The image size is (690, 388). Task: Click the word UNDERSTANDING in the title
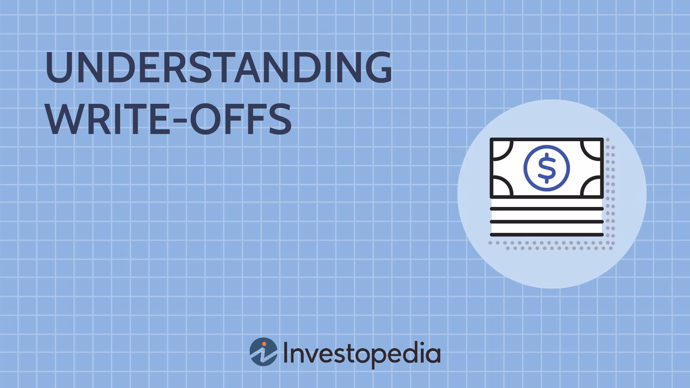click(x=219, y=67)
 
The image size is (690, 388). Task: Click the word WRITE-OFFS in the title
click(x=169, y=119)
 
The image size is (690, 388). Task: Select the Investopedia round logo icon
click(x=264, y=352)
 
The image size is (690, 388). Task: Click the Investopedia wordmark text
click(x=362, y=354)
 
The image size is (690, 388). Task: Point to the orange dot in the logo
click(x=264, y=344)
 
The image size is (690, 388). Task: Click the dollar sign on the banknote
click(x=547, y=168)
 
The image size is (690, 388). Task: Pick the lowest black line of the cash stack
click(x=547, y=234)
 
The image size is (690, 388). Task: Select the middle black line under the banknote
click(x=547, y=221)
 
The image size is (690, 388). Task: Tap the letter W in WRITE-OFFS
click(x=65, y=119)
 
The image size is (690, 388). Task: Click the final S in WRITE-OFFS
click(x=281, y=119)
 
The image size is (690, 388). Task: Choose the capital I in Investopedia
click(x=285, y=351)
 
